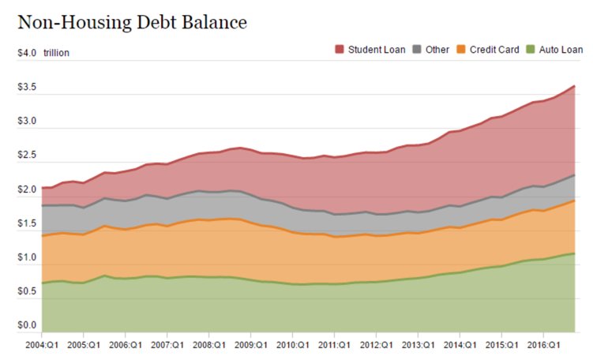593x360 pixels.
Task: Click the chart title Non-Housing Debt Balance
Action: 133,21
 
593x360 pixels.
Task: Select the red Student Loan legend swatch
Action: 340,50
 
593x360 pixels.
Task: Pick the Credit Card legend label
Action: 494,50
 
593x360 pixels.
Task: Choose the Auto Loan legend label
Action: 561,50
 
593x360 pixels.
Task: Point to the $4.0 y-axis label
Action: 27,53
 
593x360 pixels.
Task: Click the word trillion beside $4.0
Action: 57,53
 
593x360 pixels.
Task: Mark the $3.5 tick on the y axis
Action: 27,87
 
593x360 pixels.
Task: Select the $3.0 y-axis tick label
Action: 27,121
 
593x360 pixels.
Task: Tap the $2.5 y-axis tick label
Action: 27,156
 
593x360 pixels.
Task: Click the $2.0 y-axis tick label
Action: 27,189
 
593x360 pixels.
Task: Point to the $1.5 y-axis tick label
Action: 27,223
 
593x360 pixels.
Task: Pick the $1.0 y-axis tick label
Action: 27,257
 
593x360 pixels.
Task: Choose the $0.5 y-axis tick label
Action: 27,291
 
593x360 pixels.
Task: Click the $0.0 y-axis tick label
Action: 27,325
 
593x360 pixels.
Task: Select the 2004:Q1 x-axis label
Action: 42,345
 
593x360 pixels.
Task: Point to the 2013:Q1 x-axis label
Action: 417,345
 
